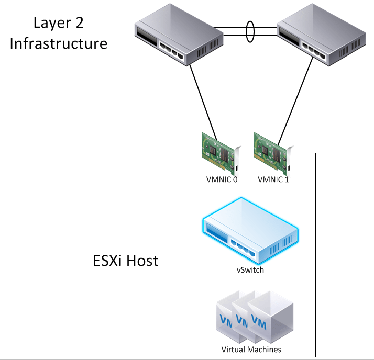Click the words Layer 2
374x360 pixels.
[x=58, y=22]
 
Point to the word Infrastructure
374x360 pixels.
[x=59, y=42]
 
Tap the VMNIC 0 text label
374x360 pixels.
[x=221, y=179]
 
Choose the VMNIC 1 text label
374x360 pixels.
[x=273, y=179]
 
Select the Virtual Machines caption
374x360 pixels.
[x=251, y=350]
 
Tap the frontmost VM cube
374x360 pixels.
[x=270, y=319]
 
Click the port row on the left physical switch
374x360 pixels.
[x=172, y=53]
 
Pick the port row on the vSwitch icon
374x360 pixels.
[x=246, y=246]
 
